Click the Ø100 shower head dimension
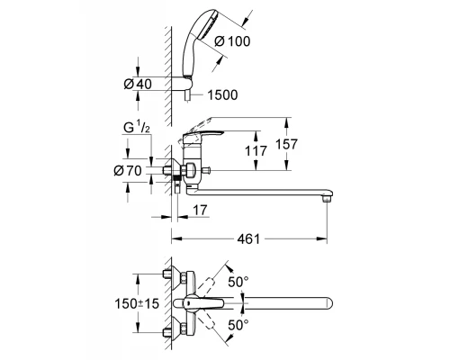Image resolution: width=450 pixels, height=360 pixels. tap(232, 41)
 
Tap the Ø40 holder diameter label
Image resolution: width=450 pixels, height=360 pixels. tap(138, 84)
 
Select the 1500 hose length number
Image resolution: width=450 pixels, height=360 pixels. tap(222, 95)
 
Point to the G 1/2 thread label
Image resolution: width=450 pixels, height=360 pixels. tap(137, 128)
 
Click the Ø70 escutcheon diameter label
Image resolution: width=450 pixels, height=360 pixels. tap(128, 171)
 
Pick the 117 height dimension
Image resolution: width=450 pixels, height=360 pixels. tap(256, 151)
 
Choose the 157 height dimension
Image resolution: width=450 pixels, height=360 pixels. tap(286, 144)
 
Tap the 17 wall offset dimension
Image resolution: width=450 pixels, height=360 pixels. tap(200, 210)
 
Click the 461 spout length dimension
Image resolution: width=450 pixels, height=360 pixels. tap(248, 239)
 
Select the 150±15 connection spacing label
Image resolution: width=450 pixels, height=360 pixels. tap(137, 304)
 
